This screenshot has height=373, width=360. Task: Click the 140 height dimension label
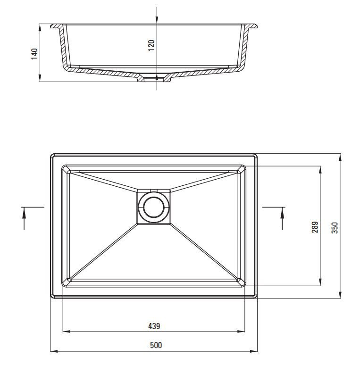point(34,53)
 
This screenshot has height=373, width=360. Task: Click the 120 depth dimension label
point(151,46)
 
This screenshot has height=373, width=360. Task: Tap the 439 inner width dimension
point(154,326)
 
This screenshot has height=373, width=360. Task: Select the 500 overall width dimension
point(156,345)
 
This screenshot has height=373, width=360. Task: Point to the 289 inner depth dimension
point(315,227)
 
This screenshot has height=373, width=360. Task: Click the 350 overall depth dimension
point(335,228)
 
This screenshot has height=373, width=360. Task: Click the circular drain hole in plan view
point(154,207)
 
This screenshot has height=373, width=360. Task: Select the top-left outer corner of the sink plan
point(51,155)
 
